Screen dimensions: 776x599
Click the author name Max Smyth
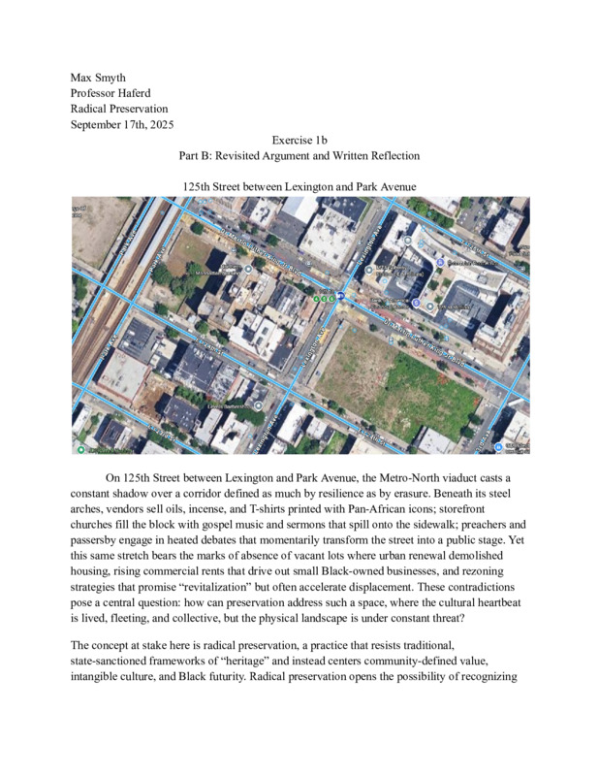(x=98, y=77)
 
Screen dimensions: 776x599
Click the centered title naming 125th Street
(x=299, y=186)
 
